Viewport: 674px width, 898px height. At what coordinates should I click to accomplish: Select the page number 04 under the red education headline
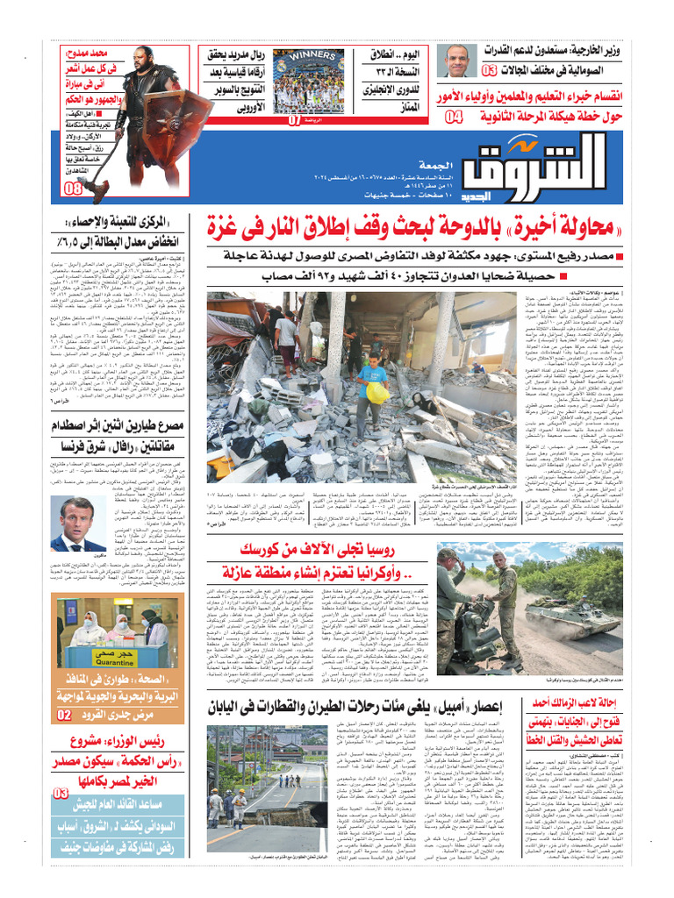[x=455, y=117]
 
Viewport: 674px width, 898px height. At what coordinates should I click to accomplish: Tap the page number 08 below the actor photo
[x=74, y=189]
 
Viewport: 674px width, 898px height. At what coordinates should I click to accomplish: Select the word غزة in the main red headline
[x=229, y=225]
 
